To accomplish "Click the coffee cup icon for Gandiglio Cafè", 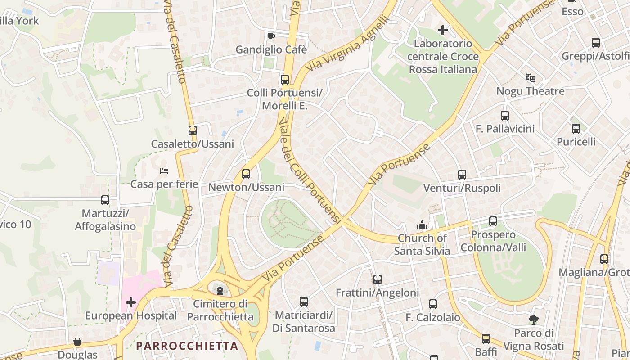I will pos(271,36).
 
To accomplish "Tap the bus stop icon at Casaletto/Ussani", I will pos(193,130).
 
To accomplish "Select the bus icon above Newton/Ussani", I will pos(246,174).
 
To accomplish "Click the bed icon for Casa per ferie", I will pos(164,171).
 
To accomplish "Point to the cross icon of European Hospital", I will pos(130,302).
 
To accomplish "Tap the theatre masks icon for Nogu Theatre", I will pos(531,78).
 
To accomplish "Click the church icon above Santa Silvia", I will pos(422,225).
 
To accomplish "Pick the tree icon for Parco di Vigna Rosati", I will pos(534,320).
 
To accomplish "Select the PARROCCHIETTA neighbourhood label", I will pos(187,346).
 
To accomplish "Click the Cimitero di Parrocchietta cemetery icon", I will pos(220,291).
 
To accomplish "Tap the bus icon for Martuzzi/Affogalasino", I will pos(105,200).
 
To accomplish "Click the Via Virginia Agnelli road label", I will pos(347,44).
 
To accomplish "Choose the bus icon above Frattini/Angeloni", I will pos(377,279).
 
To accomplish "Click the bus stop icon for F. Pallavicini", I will pos(504,116).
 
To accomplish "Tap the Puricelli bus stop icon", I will pos(576,129).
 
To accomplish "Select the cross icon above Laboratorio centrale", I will pos(443,30).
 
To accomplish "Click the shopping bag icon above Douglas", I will pos(77,342).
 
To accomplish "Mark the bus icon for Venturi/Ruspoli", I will pos(462,175).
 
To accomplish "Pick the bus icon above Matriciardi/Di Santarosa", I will pos(304,301).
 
